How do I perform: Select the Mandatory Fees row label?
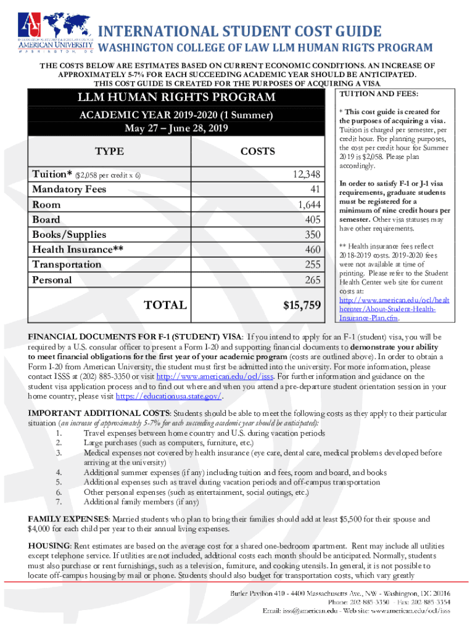(x=69, y=189)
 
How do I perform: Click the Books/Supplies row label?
(x=69, y=235)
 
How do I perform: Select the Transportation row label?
(x=67, y=265)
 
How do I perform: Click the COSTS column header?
(x=257, y=152)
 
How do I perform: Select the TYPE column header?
(x=109, y=152)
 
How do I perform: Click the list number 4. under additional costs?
(x=59, y=473)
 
